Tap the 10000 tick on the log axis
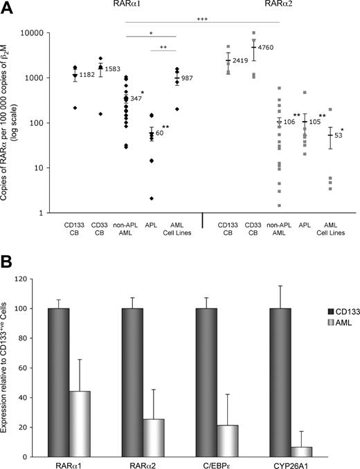coord(36,33)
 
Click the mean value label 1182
coord(87,74)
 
